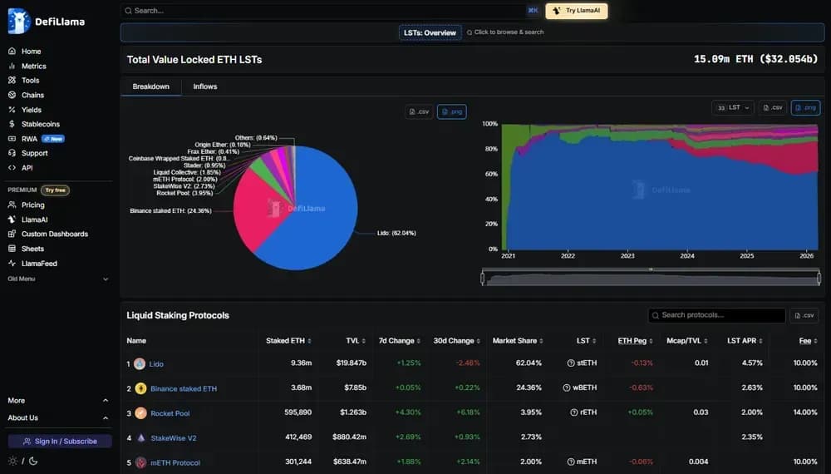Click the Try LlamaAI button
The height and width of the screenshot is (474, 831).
point(577,11)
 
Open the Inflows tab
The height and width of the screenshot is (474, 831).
point(205,86)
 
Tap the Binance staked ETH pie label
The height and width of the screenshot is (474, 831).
point(170,211)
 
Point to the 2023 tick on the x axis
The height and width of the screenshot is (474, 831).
point(627,256)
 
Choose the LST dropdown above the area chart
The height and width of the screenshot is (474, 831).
point(733,107)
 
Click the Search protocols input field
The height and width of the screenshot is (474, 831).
point(716,315)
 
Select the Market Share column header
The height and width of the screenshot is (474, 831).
point(516,341)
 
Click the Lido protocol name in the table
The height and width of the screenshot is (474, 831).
point(156,363)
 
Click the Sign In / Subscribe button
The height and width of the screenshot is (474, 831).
point(60,441)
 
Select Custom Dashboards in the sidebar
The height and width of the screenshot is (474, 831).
point(55,234)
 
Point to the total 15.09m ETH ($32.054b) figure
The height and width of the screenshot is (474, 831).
point(755,59)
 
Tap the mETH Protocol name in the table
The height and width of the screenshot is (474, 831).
point(175,462)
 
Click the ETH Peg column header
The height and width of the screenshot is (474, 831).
point(632,341)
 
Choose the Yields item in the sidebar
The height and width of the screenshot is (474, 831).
point(32,110)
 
